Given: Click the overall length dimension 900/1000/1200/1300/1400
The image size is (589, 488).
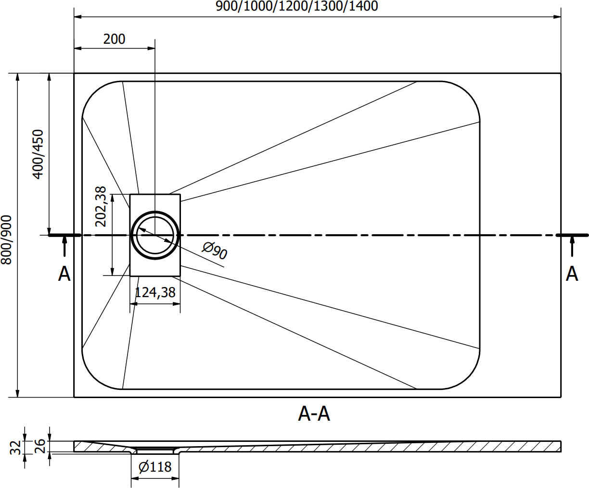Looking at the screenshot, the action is (x=297, y=6).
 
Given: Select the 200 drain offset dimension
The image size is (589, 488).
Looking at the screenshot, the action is (x=114, y=39).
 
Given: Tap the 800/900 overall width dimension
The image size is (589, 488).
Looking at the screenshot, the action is (x=6, y=240).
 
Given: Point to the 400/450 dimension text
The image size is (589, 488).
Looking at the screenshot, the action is (x=38, y=154).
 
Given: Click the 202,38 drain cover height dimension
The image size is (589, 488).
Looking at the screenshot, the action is (x=101, y=206).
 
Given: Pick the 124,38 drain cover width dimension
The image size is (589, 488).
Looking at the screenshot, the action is (x=155, y=292).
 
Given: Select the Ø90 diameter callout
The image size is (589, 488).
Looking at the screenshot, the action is (x=215, y=250).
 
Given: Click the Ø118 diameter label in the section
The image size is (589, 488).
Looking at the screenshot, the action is (x=155, y=467).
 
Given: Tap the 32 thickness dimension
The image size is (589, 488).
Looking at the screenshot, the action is (x=15, y=448).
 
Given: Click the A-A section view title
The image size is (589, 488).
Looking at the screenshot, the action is (x=314, y=414).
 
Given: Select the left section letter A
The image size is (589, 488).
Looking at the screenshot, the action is (x=64, y=274).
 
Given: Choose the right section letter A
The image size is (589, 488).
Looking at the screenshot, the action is (x=572, y=274).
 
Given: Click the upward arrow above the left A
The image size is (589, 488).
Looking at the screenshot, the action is (x=64, y=246).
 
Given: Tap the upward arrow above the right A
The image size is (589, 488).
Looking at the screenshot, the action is (x=572, y=246).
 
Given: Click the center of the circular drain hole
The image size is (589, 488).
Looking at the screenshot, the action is (x=155, y=235).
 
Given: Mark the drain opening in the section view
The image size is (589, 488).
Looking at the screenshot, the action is (x=155, y=451).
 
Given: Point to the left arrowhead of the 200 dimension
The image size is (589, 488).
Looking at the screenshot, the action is (x=78, y=49).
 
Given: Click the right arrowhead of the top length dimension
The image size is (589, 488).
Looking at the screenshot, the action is (x=557, y=17).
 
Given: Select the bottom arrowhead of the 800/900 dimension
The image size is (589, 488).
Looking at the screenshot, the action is (x=17, y=394).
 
